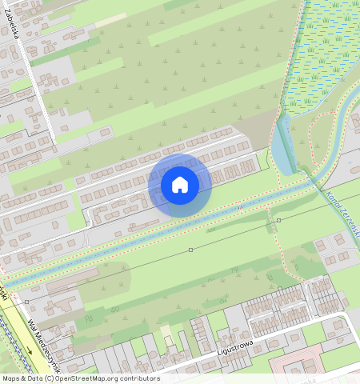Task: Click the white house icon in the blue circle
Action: tap(180, 186)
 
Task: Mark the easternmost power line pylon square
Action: tap(278, 219)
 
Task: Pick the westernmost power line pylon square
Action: tap(26, 302)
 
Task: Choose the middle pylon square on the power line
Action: tap(190, 250)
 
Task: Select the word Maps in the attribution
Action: tap(11, 378)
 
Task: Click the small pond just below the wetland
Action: tap(282, 149)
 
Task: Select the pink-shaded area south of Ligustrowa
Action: tap(300, 364)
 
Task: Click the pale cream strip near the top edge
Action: tap(112, 18)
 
